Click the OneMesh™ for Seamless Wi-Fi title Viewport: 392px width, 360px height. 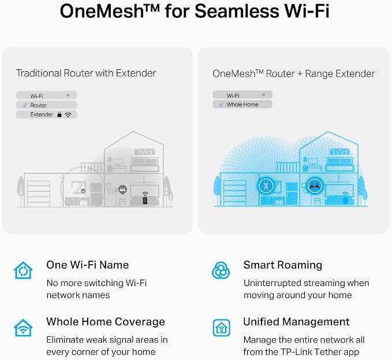[195, 11]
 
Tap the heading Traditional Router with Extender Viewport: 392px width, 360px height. [86, 73]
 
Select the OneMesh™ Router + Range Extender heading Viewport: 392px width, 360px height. [293, 74]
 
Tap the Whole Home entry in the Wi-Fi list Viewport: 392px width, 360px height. [242, 105]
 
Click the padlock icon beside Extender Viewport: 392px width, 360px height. [59, 114]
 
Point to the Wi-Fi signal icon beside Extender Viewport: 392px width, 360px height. [68, 115]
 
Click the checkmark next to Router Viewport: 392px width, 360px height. [24, 105]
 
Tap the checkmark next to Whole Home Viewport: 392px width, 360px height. [221, 105]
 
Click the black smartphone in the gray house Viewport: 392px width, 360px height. [145, 200]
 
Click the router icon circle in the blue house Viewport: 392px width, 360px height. [315, 185]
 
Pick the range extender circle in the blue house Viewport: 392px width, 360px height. [266, 186]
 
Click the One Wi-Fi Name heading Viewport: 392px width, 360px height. [88, 265]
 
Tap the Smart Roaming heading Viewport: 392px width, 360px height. [283, 265]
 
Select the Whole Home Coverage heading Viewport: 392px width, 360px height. [106, 322]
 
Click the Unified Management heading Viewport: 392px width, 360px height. [296, 322]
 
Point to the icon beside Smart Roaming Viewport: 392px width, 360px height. [221, 270]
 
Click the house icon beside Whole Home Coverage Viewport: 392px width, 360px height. [23, 328]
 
